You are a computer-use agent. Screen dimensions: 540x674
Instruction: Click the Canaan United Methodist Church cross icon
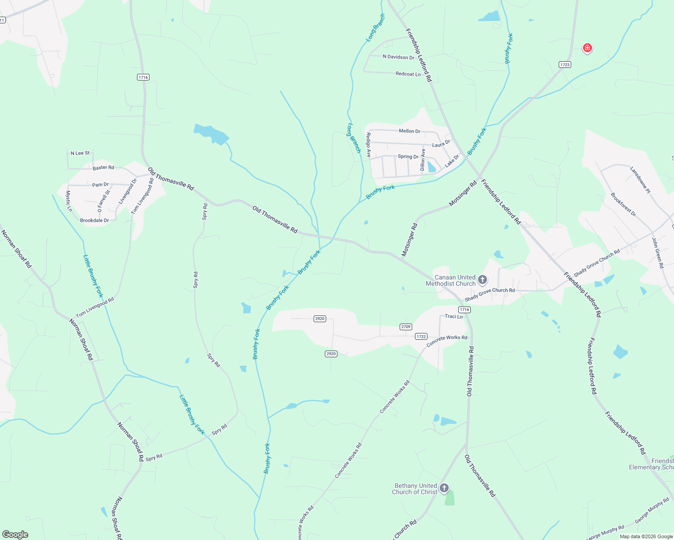point(482,280)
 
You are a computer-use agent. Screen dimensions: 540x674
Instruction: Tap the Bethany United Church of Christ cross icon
point(444,488)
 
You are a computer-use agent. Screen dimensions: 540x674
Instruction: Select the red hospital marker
point(587,48)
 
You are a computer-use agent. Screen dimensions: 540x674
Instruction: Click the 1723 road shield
point(565,65)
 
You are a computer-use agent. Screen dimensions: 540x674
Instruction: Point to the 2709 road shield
point(405,327)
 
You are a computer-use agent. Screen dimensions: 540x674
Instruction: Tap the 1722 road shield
point(421,337)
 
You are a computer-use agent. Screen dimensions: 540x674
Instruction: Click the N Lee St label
point(80,153)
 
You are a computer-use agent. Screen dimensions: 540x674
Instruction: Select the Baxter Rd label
point(103,167)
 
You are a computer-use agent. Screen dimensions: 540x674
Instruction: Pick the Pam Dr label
point(100,184)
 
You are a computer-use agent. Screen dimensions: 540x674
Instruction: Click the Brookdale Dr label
point(94,220)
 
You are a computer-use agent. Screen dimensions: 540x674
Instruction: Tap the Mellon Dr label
point(409,131)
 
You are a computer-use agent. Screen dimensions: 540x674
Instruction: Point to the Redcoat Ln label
point(408,74)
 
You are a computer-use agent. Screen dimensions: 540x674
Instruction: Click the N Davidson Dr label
point(398,57)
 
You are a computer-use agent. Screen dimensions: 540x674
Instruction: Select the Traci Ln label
point(453,316)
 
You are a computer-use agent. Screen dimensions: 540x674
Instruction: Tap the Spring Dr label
point(408,157)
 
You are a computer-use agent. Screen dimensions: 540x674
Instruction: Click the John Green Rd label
point(657,253)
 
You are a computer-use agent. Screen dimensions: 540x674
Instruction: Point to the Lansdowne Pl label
point(640,180)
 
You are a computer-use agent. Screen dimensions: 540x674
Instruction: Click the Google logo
point(15,535)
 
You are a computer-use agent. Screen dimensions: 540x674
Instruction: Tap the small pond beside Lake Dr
point(432,167)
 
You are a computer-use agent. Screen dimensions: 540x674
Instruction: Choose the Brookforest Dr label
point(623,205)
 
